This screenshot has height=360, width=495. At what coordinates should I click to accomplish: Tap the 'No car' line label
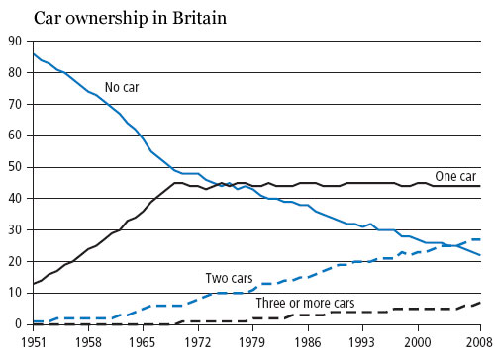coord(124,87)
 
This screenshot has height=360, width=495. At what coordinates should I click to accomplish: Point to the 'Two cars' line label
coord(229,278)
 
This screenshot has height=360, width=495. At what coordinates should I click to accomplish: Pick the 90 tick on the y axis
coord(12,41)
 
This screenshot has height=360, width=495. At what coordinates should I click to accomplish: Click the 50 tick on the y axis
coord(12,166)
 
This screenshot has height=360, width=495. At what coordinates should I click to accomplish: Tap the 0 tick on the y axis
coord(16,323)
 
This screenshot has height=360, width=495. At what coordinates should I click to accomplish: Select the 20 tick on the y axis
coord(12,261)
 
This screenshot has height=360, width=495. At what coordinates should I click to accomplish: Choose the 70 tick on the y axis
coord(12,104)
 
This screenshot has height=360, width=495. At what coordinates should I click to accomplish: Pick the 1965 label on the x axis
coord(145,342)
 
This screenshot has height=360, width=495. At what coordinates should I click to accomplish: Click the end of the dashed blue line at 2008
coord(481,239)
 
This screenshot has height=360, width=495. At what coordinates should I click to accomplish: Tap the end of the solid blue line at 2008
coord(481,255)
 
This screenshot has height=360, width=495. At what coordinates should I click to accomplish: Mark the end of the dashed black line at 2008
coord(481,302)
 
